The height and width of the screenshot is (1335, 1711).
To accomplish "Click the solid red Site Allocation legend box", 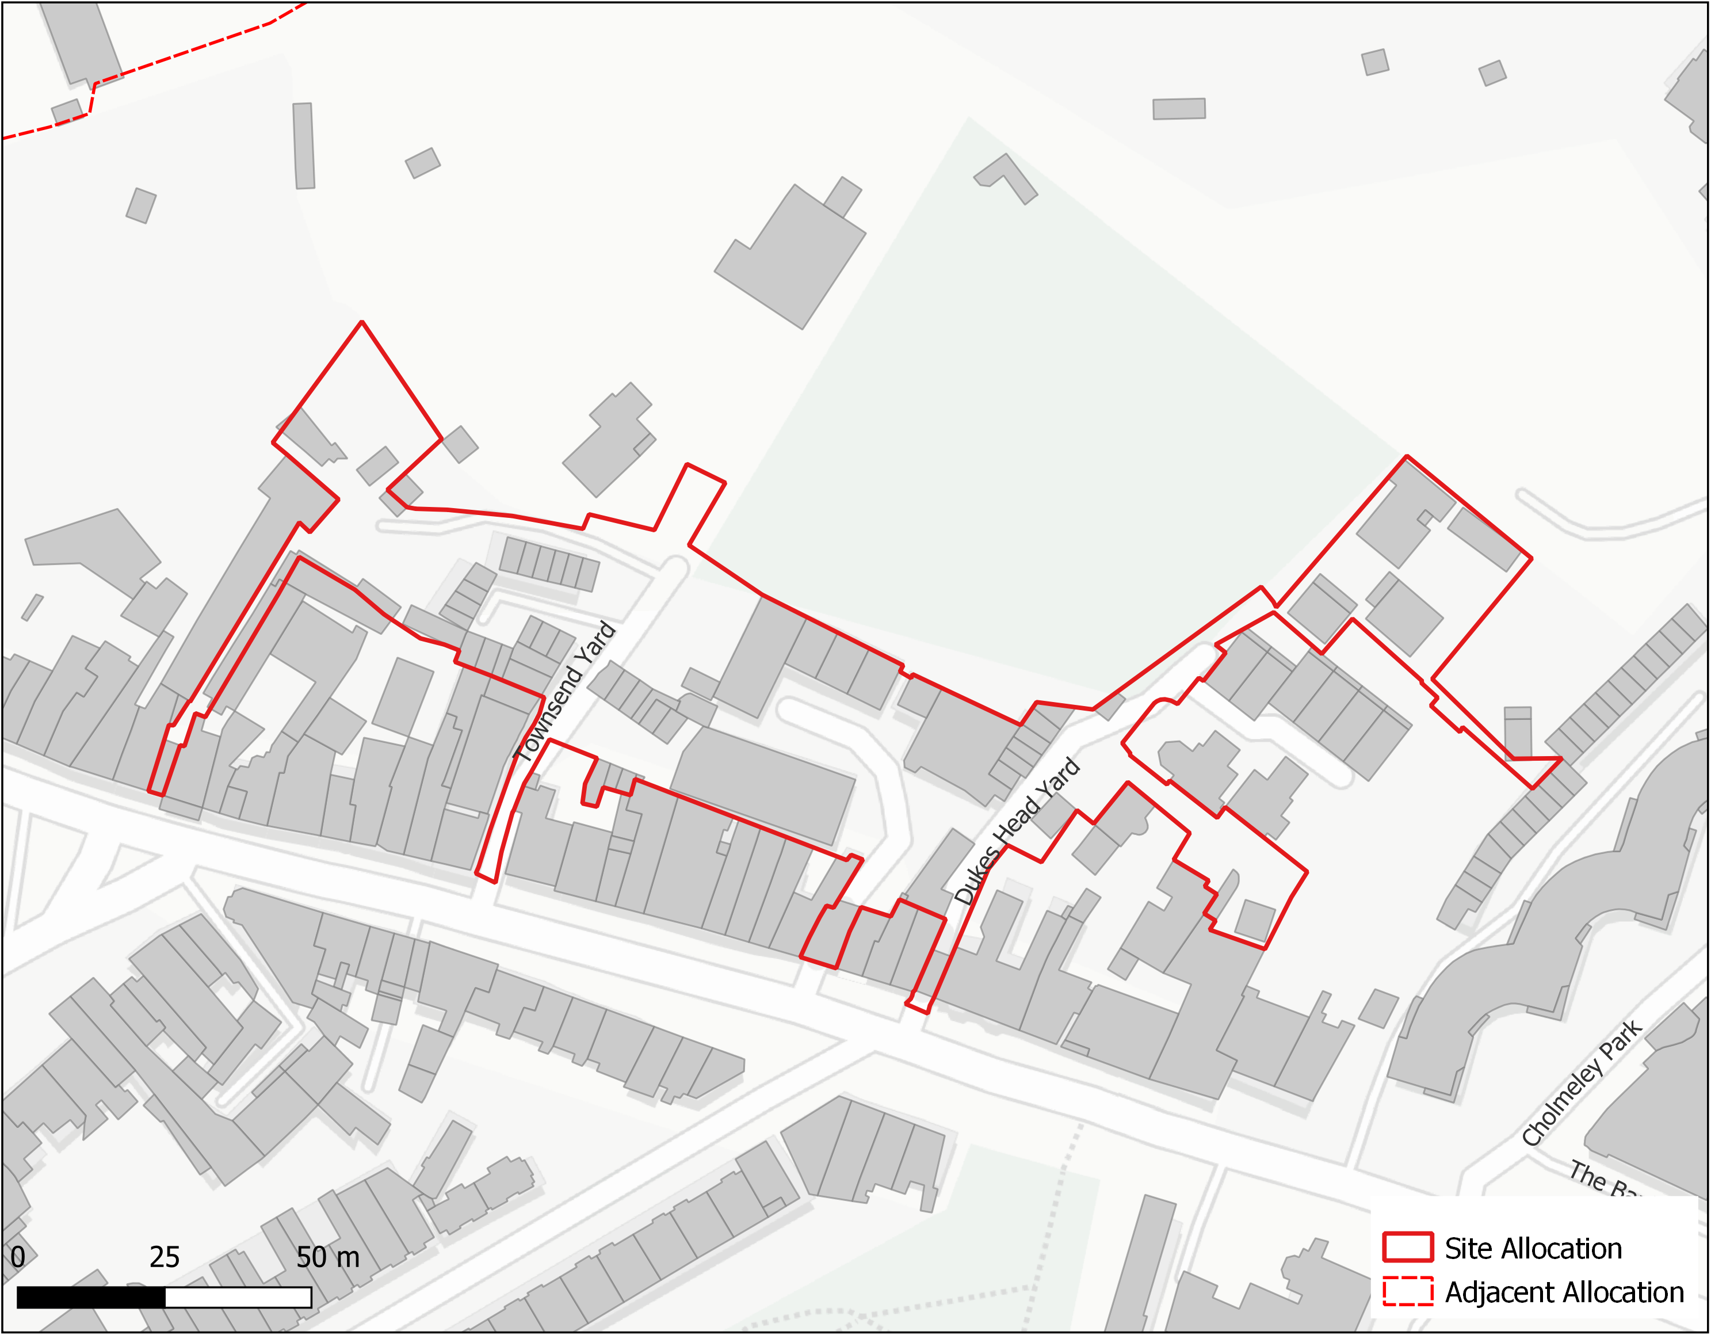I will point(1407,1248).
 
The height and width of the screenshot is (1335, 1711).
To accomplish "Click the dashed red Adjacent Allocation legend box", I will point(1407,1291).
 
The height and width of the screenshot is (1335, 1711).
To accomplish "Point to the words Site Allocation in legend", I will point(1533,1248).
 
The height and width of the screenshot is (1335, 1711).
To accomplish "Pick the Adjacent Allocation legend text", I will point(1564,1292).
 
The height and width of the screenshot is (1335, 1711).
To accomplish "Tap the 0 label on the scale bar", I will point(17,1257).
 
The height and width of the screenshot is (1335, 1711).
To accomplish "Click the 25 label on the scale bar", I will point(165,1257).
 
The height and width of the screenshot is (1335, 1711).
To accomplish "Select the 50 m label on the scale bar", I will point(327,1257).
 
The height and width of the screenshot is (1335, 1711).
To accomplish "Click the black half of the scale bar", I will point(91,1298).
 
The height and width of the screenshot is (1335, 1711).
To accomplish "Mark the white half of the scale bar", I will point(238,1298).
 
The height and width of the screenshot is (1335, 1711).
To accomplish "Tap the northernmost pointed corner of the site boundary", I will point(362,322).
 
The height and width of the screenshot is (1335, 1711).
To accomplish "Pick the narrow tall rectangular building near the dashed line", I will point(304,146).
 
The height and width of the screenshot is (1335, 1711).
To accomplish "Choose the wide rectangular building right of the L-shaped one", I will point(1178,108).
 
